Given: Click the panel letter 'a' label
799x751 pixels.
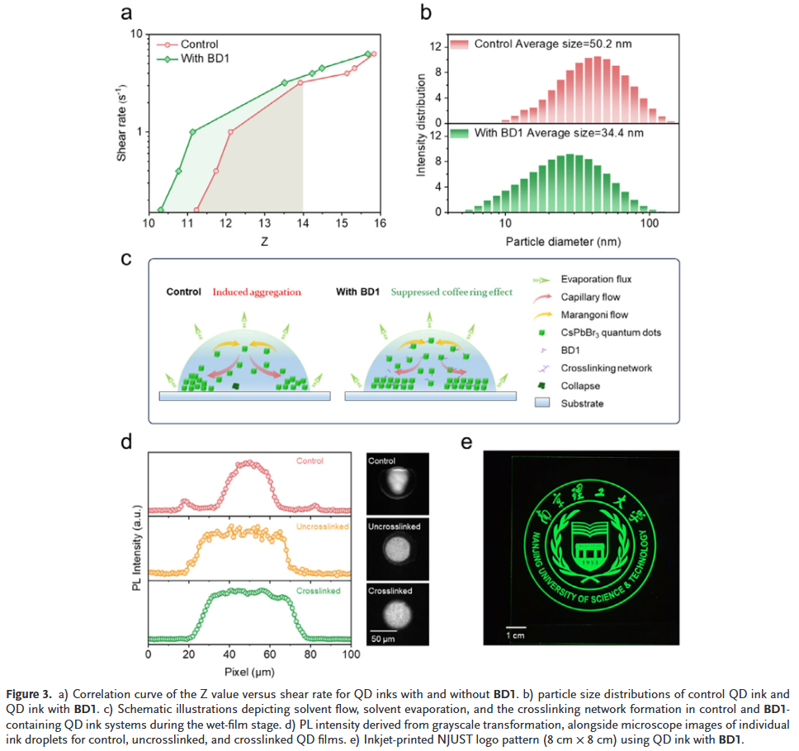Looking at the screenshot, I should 126,13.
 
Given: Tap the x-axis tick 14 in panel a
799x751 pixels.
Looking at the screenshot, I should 303,225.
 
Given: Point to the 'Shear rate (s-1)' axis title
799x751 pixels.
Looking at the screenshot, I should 121,121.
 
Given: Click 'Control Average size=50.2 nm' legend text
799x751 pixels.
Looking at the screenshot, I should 558,43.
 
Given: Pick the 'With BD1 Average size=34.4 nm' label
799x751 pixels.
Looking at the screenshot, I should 558,132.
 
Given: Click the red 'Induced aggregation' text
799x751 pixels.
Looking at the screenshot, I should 256,292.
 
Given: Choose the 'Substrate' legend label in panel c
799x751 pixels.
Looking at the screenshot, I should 584,404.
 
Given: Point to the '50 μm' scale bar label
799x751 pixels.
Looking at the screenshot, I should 381,640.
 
